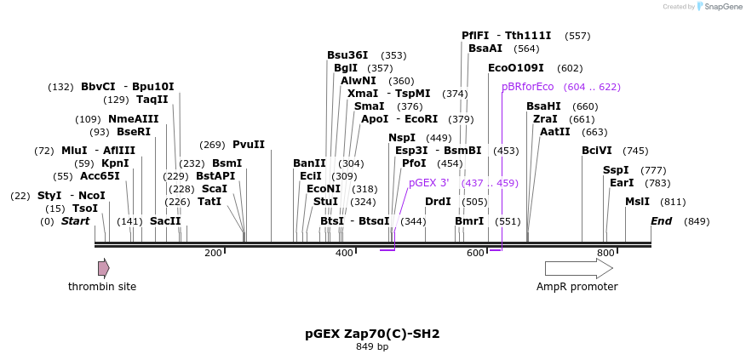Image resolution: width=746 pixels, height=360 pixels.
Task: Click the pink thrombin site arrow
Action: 103,269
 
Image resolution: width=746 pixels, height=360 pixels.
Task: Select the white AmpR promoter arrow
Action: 578,269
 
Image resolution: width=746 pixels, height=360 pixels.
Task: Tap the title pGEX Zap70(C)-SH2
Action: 372,334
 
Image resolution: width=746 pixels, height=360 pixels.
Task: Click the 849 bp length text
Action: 372,346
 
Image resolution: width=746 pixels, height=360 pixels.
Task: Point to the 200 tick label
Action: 213,253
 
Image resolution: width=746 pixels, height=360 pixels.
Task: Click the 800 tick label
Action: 605,253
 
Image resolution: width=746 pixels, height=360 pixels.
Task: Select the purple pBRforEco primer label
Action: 527,87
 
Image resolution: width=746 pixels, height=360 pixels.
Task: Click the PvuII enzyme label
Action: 249,145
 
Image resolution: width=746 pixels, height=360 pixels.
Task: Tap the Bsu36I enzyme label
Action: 347,55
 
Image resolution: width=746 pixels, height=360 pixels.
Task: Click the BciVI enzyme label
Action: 596,151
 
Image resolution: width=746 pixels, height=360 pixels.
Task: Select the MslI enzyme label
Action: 637,202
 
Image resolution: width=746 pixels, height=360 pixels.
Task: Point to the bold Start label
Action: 75,221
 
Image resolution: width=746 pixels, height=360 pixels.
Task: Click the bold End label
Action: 661,221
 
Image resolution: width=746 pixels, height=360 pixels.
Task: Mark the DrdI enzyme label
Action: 438,202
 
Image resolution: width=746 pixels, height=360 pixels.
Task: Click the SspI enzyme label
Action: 616,170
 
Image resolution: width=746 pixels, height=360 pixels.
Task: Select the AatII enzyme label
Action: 555,132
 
